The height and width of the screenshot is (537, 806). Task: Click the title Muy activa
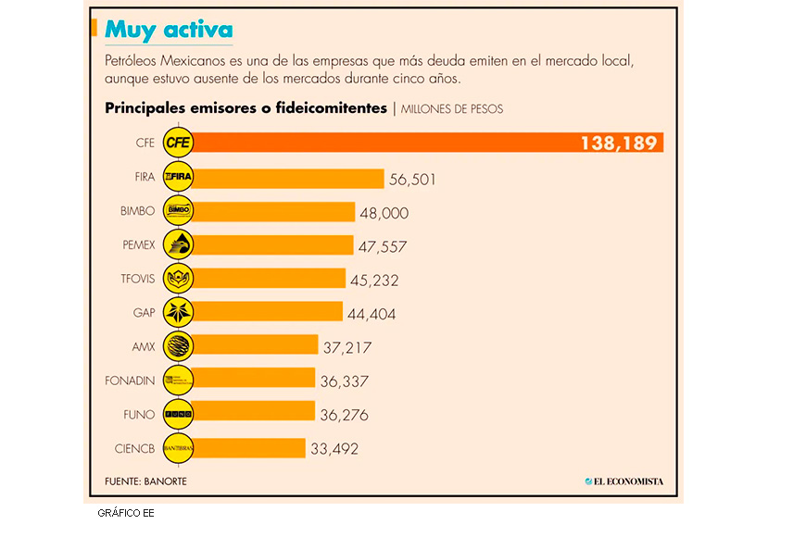(x=169, y=30)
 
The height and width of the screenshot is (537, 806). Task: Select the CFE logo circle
(x=178, y=143)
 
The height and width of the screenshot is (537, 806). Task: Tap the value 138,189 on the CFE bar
(x=619, y=143)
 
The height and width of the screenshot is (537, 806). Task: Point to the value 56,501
(x=412, y=179)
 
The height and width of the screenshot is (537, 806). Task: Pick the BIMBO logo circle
(x=178, y=211)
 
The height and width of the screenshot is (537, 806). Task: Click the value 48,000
(x=384, y=213)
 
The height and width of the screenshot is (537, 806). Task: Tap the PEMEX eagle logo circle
(x=178, y=244)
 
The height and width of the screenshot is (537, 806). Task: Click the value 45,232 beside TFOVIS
(x=373, y=280)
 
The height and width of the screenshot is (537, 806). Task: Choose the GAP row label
(x=144, y=312)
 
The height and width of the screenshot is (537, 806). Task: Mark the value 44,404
(x=372, y=314)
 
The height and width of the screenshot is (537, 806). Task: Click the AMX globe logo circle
(x=178, y=345)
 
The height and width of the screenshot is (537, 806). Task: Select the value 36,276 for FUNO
(x=343, y=415)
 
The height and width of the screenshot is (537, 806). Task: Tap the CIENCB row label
(x=133, y=447)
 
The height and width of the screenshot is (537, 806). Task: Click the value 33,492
(x=334, y=449)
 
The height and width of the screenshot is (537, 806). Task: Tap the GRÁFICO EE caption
(x=125, y=513)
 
